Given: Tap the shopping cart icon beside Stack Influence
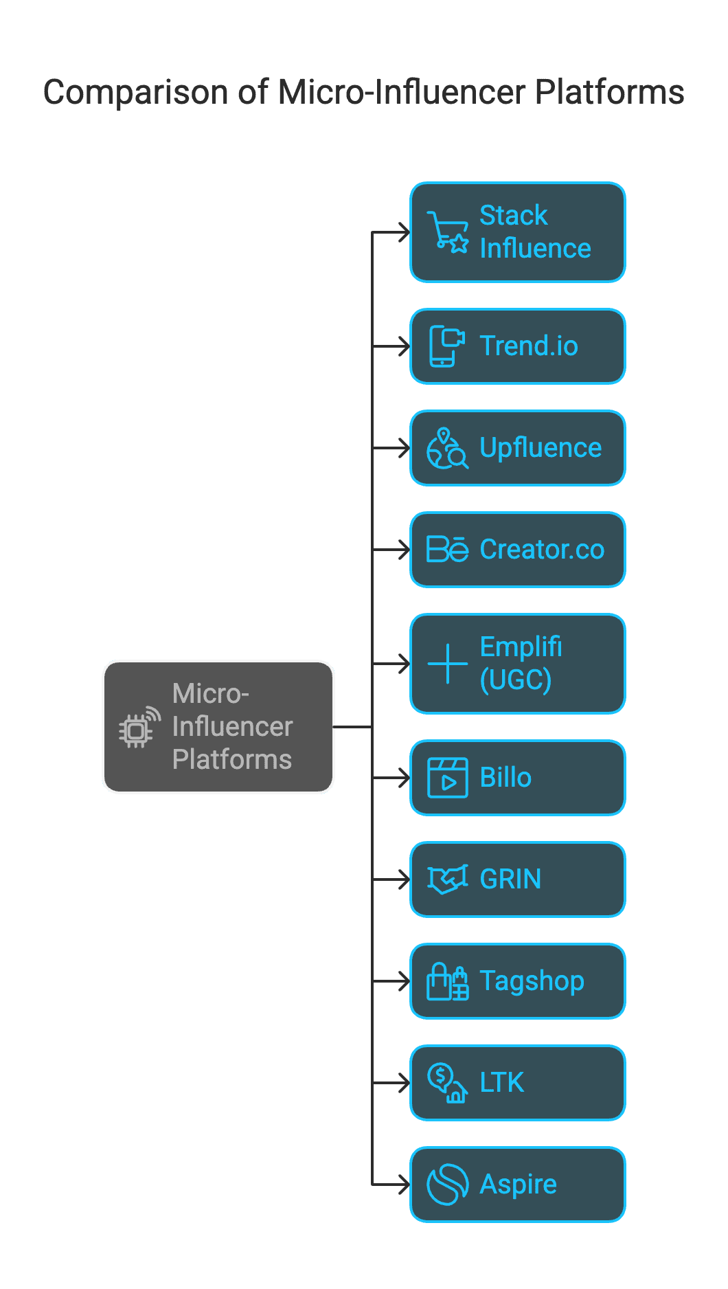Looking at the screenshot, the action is click(x=448, y=232).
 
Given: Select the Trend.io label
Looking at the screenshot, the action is click(x=529, y=346).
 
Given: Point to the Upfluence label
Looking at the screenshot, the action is click(x=541, y=448).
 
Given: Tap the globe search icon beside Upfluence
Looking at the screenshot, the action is click(x=448, y=448).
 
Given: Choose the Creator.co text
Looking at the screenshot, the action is click(x=542, y=550).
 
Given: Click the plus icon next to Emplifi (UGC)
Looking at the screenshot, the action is click(x=448, y=664).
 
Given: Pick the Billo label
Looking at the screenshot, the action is click(x=505, y=778).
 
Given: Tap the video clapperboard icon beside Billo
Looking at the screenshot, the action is click(x=448, y=778).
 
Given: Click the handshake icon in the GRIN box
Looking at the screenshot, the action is click(x=448, y=879).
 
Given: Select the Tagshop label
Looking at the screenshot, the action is click(x=532, y=982).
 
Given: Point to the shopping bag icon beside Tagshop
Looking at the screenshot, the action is click(x=448, y=981).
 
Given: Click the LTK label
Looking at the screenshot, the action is click(x=502, y=1083).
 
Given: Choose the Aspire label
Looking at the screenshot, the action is click(x=519, y=1185).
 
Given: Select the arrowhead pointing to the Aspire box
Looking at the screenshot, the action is click(x=404, y=1185).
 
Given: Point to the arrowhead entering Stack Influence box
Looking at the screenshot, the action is click(x=404, y=232).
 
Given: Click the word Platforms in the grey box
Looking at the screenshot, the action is click(x=232, y=760).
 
